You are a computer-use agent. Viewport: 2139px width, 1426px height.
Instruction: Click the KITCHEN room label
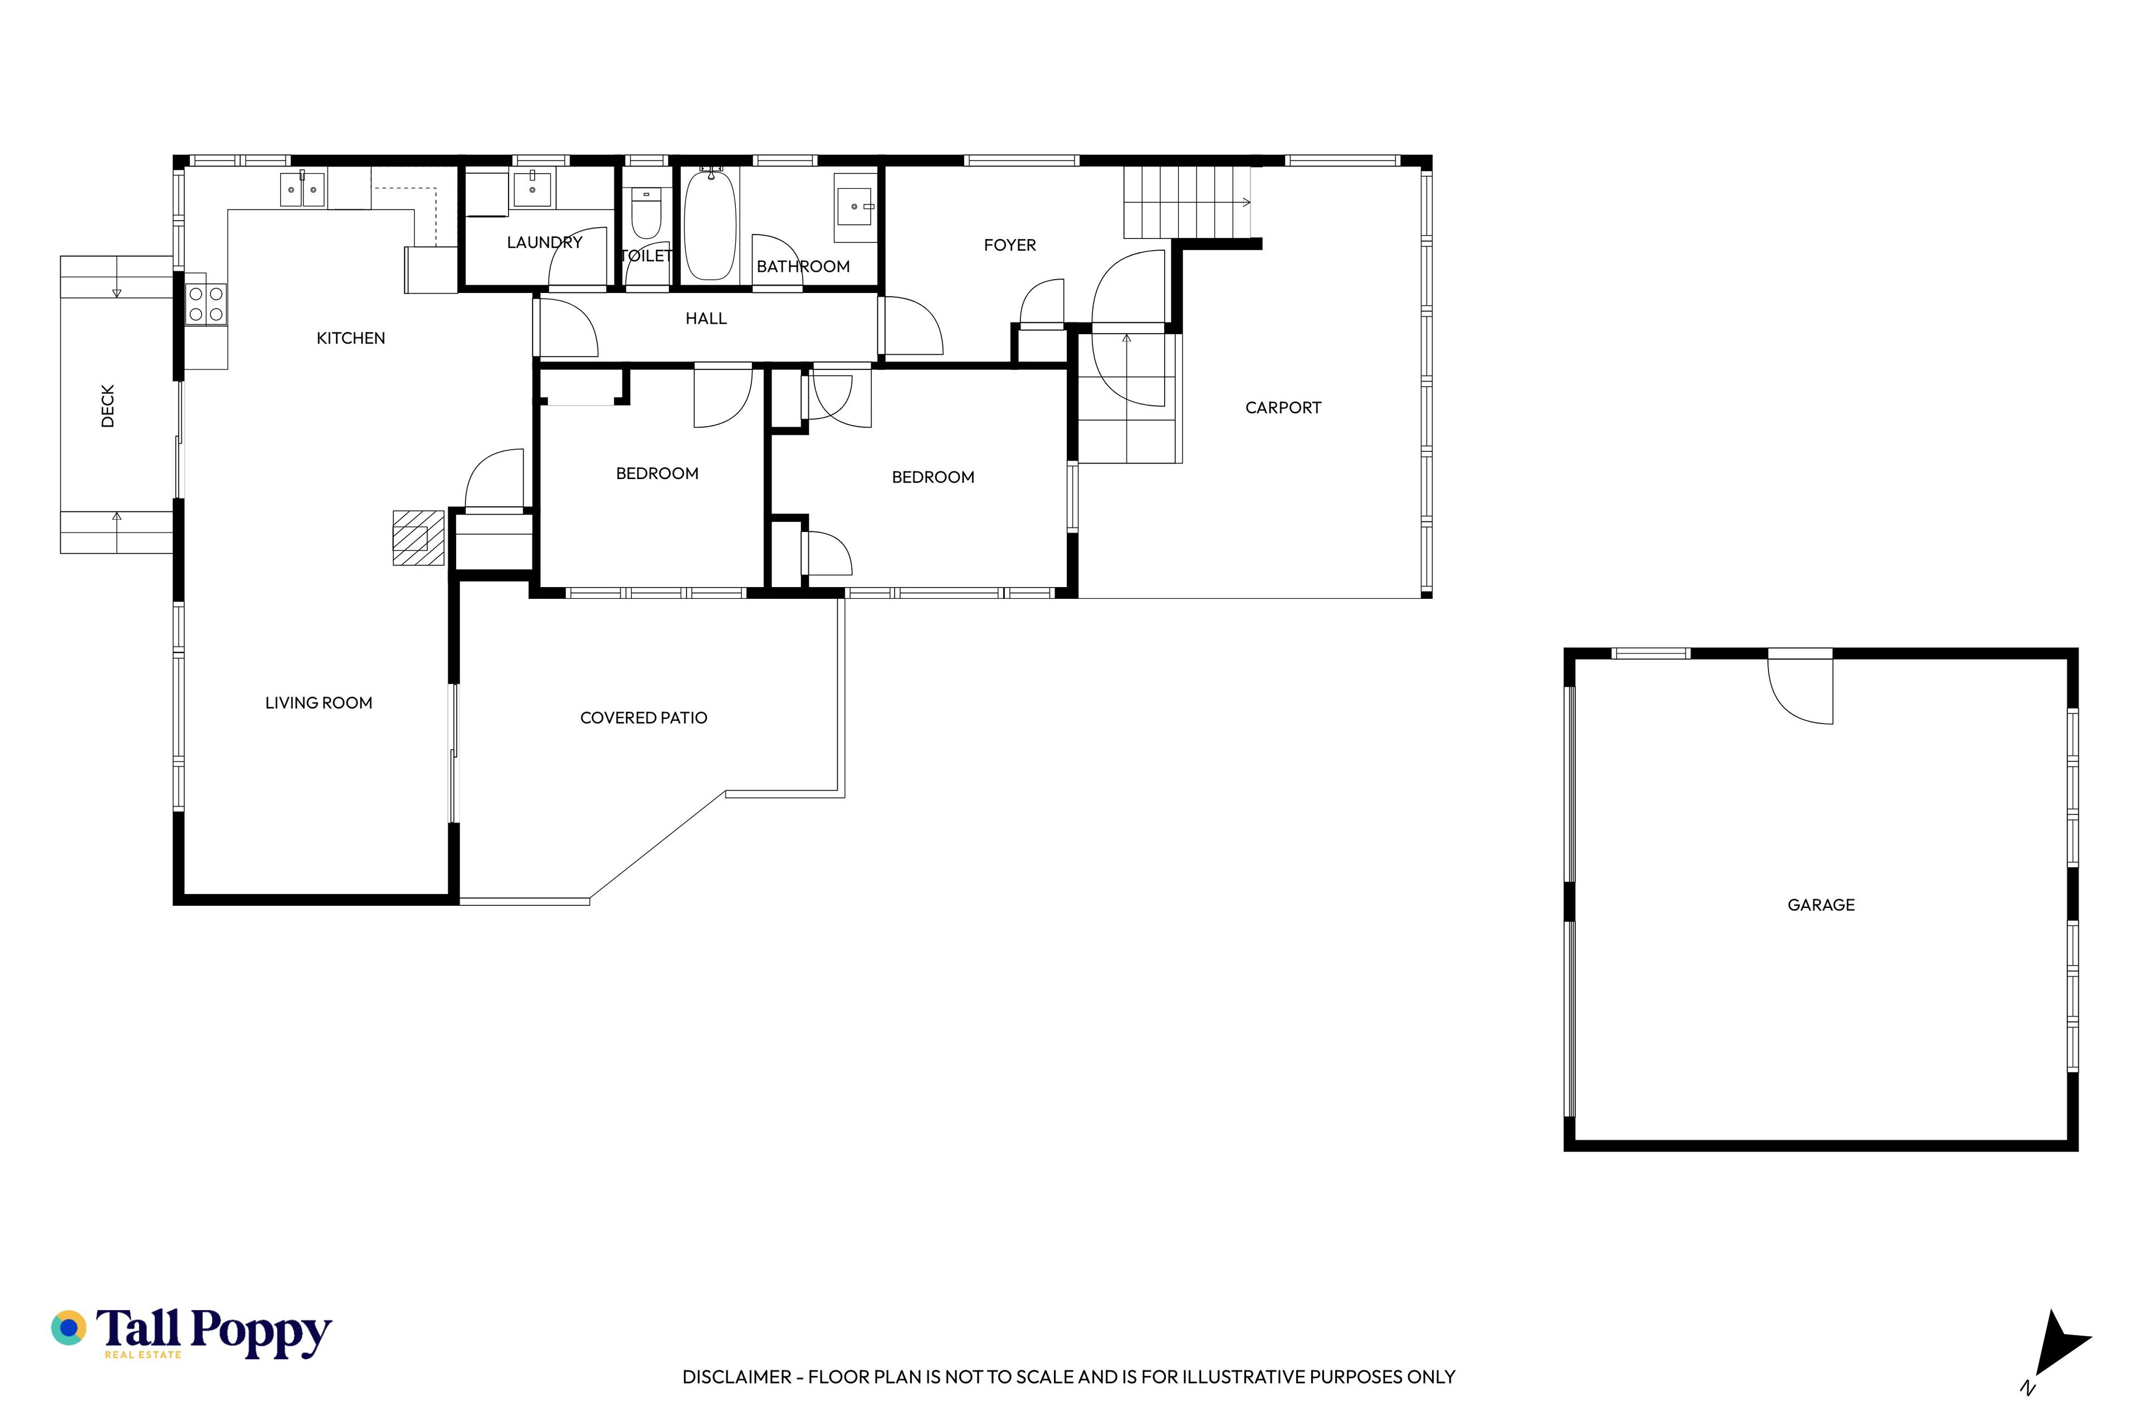tap(350, 338)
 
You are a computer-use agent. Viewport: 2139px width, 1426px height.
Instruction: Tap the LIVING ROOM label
tap(318, 703)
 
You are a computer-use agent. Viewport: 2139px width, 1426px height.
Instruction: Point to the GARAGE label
tap(1821, 905)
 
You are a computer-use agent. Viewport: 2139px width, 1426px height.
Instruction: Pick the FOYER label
tap(1009, 245)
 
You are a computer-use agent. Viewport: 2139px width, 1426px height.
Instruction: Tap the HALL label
tap(706, 318)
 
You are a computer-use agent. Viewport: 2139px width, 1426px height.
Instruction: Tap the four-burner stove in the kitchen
tap(206, 304)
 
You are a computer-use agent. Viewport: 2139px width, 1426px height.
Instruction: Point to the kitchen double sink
tap(302, 189)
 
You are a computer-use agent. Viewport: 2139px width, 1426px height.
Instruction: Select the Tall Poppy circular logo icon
tap(68, 1328)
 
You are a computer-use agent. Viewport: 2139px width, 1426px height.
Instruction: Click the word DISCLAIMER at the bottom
tap(736, 1377)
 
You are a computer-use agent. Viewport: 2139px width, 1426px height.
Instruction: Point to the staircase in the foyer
tap(1187, 202)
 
